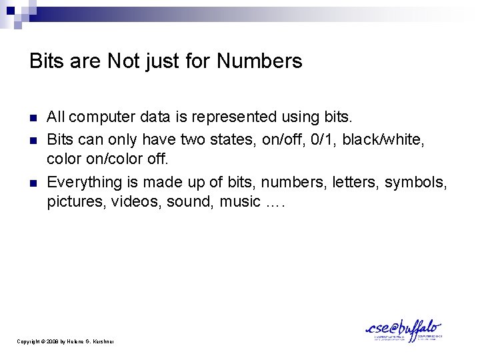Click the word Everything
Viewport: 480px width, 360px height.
point(81,181)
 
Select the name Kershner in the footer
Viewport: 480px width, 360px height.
point(102,341)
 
